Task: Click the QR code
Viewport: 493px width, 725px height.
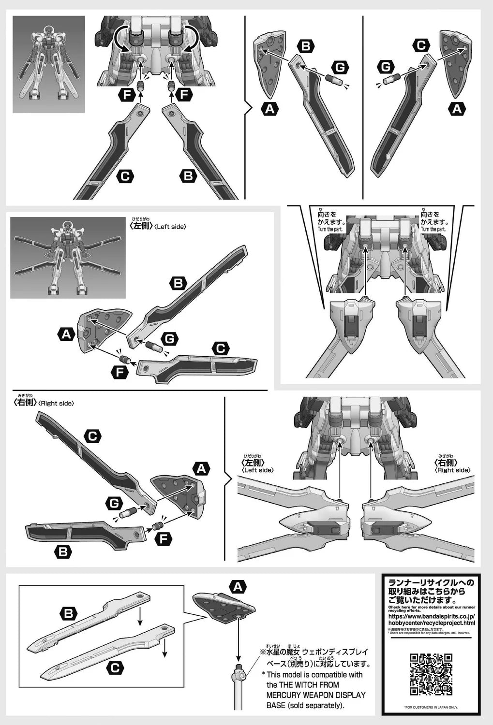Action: pos(431,674)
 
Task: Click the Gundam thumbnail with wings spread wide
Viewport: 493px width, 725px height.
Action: pos(68,257)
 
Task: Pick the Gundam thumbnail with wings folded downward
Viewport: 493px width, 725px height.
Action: pos(48,64)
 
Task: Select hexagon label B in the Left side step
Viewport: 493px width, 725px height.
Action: pos(179,283)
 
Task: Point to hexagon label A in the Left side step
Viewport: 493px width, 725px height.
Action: pos(66,333)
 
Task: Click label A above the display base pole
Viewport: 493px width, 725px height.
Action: pos(237,587)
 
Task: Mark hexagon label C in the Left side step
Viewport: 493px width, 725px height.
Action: pos(221,348)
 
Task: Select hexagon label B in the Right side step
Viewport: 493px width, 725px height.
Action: pos(63,551)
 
